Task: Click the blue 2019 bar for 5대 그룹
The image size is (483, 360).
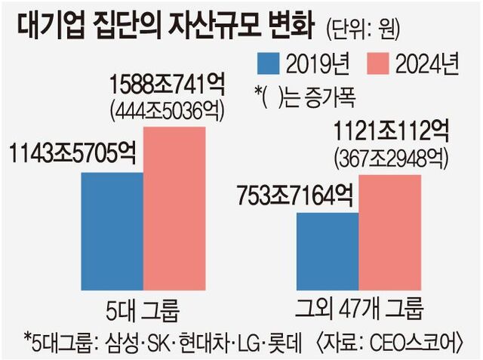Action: coord(112,230)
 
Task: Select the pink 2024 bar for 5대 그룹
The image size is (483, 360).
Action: coord(174,208)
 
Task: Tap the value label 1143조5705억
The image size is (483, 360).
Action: coord(73,152)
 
